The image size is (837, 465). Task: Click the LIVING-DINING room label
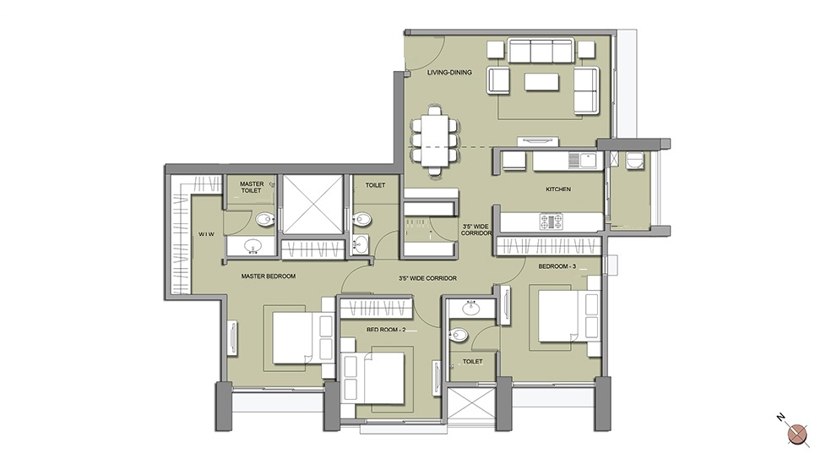(x=449, y=72)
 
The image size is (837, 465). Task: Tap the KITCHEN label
(x=558, y=189)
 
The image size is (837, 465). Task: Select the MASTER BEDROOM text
(x=268, y=276)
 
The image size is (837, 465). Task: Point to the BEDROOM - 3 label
(x=557, y=266)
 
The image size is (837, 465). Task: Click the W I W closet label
(x=206, y=234)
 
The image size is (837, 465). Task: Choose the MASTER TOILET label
(x=252, y=187)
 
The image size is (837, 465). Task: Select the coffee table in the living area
(x=541, y=82)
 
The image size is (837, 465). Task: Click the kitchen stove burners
(x=551, y=222)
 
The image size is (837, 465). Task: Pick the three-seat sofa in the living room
(x=541, y=51)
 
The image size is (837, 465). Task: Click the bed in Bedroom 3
(x=568, y=316)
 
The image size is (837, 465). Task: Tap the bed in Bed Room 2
(x=373, y=378)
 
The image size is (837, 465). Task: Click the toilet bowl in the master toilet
(x=264, y=218)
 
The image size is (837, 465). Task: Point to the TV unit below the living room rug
(x=538, y=141)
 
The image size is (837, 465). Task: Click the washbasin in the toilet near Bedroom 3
(x=470, y=308)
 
